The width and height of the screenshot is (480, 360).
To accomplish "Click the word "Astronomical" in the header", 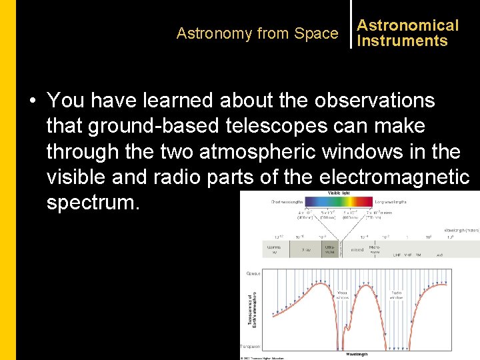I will pyautogui.click(x=408, y=25).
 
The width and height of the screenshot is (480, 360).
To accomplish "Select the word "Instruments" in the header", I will pyautogui.click(x=402, y=41).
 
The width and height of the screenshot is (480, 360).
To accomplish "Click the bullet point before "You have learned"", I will pyautogui.click(x=32, y=101).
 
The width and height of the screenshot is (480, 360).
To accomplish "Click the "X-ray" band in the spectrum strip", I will pyautogui.click(x=306, y=250).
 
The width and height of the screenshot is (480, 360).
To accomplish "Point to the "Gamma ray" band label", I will pyautogui.click(x=275, y=250).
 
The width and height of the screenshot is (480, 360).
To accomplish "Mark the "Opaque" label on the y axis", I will pyautogui.click(x=253, y=273).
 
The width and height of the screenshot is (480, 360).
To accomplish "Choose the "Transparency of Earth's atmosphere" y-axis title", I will pyautogui.click(x=252, y=310).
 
